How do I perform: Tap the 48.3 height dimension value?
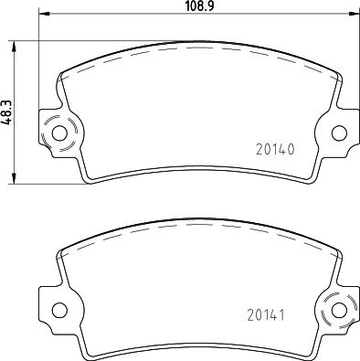pyautogui.click(x=7, y=111)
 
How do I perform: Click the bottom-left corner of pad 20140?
pyautogui.click(x=86, y=179)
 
